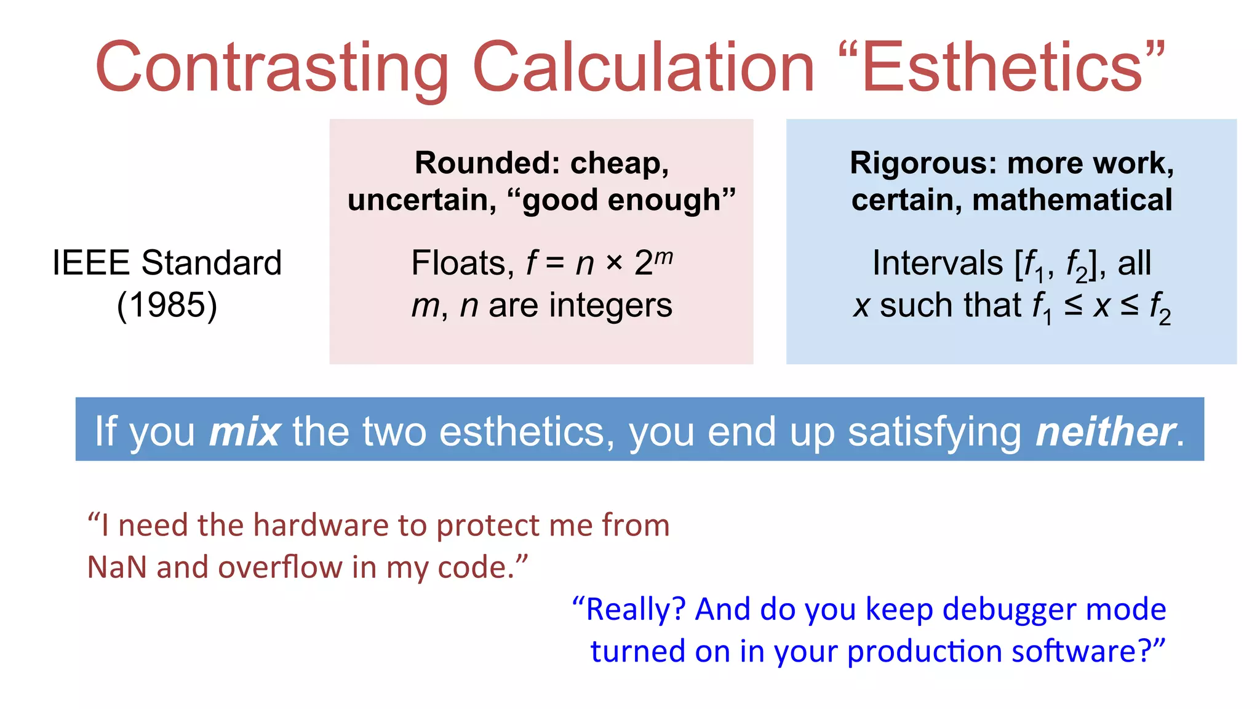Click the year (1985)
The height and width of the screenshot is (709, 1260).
167,305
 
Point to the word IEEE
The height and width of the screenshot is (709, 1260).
90,263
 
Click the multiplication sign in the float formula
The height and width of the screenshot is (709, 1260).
614,263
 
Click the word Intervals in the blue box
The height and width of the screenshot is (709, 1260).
937,263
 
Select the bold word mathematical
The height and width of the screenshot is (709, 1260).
1072,200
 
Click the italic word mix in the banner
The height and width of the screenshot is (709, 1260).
245,431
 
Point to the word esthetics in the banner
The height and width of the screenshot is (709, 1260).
527,431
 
